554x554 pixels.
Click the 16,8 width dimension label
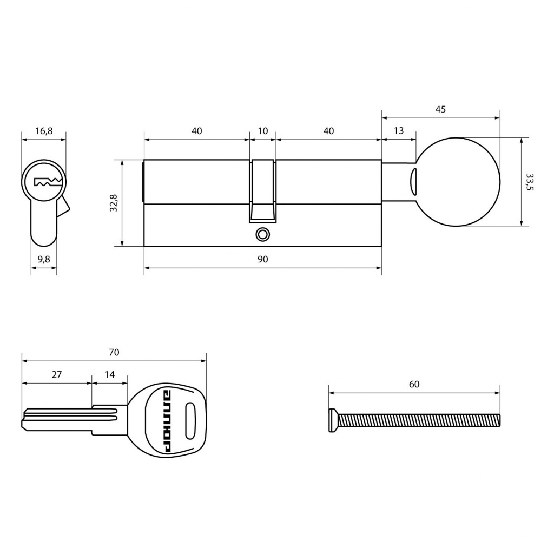44,131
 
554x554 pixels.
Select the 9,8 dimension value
44,259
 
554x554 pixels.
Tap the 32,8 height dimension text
114,203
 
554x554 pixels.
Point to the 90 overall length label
262,259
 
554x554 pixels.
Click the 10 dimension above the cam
262,131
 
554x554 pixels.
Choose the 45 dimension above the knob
440,109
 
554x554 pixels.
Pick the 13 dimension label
399,131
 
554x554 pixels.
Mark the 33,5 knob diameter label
529,182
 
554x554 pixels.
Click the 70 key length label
114,352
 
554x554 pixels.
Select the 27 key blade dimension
56,374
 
